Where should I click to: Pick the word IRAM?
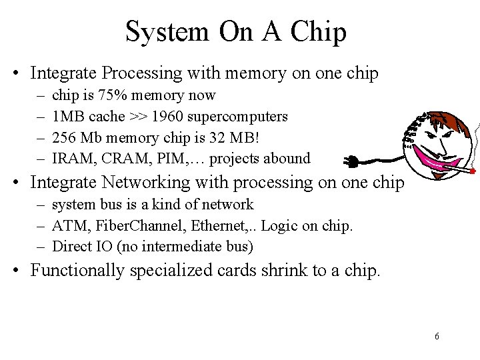(71, 158)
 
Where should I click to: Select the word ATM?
(66, 225)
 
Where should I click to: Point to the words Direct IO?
(84, 246)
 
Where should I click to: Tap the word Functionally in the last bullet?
(77, 271)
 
